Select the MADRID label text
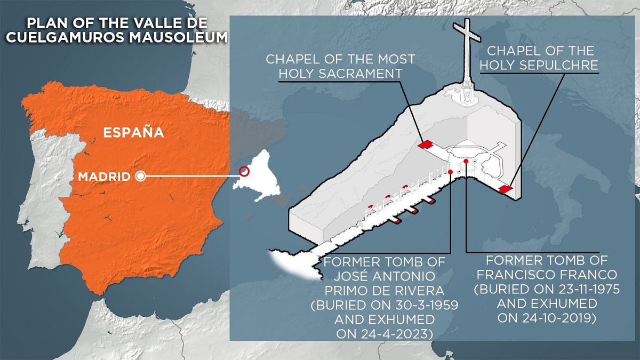coord(104,177)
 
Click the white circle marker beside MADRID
coord(141,177)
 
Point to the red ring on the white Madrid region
coord(244,171)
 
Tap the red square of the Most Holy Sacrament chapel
coord(425,145)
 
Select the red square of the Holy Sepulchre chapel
coord(505,189)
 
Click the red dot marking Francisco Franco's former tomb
coord(466,161)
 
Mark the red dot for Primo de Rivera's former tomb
coord(451,172)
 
